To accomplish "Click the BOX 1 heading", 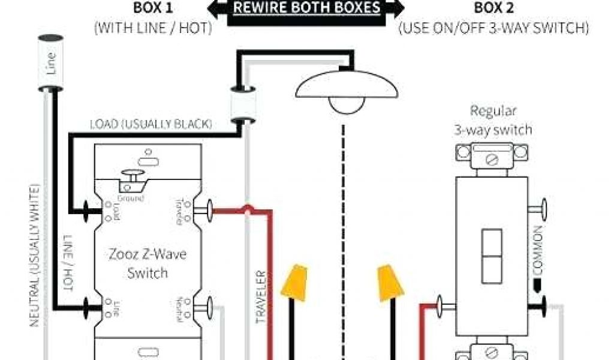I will pyautogui.click(x=152, y=8).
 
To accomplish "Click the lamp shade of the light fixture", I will pyautogui.click(x=347, y=84).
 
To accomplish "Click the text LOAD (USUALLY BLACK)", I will pyautogui.click(x=151, y=124).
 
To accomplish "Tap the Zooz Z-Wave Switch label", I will pyautogui.click(x=148, y=263).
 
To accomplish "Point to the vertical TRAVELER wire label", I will pyautogui.click(x=261, y=298).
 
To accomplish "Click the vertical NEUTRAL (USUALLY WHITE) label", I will pyautogui.click(x=36, y=264).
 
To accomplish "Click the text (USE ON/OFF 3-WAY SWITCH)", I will pyautogui.click(x=493, y=28).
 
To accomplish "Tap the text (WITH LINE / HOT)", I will pyautogui.click(x=153, y=28).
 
